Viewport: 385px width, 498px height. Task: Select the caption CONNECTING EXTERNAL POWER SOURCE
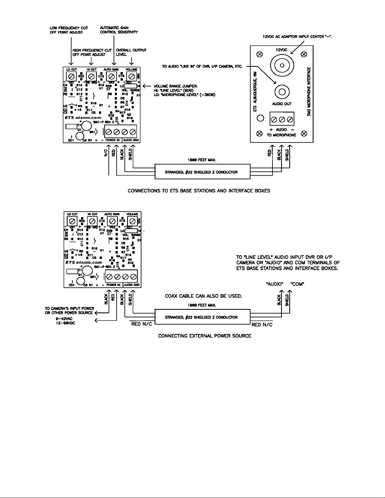coord(205,336)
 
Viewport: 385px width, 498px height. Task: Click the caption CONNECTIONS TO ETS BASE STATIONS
coord(199,191)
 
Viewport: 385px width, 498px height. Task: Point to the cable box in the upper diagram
coord(202,172)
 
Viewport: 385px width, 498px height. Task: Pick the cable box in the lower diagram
coord(202,317)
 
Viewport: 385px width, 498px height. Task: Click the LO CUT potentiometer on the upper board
coord(71,76)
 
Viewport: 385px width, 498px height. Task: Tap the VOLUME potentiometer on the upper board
coord(131,76)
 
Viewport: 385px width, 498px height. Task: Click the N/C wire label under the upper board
coord(106,152)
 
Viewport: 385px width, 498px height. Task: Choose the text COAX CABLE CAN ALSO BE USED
coord(203,296)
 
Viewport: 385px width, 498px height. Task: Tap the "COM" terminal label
coord(297,284)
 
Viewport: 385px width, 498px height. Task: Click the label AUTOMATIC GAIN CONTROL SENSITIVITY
coord(118,30)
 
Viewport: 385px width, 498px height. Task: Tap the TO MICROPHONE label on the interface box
coord(282,135)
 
